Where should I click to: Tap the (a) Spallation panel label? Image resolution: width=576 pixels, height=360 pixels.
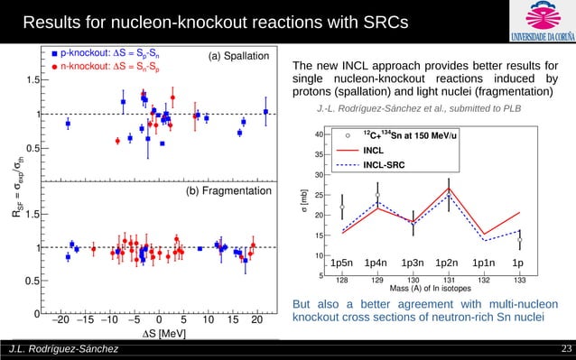click(x=238, y=57)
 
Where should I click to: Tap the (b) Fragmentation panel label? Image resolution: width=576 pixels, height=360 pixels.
click(x=229, y=192)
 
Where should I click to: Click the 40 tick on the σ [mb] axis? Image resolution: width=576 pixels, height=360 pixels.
click(x=321, y=134)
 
